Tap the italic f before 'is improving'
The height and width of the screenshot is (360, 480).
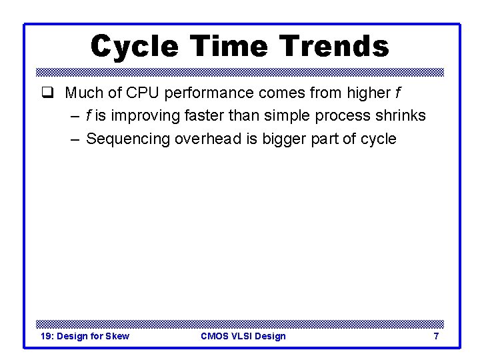pos(89,115)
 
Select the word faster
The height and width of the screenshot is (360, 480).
pos(203,115)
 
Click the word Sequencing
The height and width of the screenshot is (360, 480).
pos(128,139)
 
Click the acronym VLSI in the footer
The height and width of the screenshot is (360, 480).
pos(245,336)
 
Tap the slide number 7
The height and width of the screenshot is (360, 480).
pos(436,336)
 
